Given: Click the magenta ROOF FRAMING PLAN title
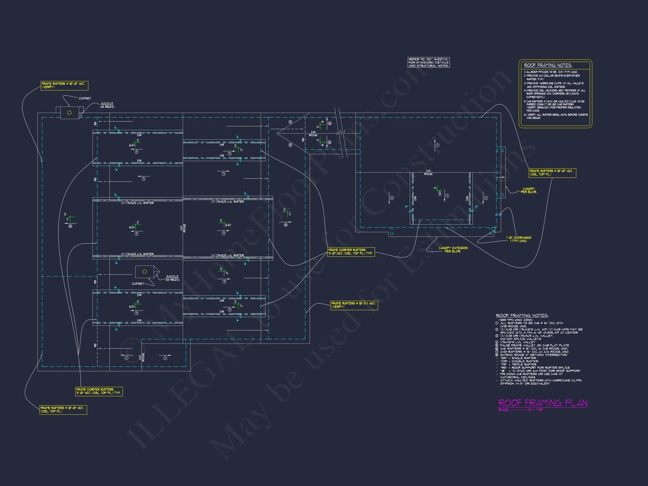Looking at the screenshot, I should [543, 403].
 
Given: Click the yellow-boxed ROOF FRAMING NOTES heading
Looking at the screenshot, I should [548, 65].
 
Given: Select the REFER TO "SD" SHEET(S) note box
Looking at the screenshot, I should [428, 62].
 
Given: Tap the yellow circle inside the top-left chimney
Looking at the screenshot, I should [69, 113].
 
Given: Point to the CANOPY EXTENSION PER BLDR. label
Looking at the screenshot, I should [453, 249].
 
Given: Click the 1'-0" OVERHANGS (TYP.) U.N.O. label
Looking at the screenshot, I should [519, 239].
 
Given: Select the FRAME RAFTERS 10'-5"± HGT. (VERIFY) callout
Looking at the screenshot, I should [354, 305].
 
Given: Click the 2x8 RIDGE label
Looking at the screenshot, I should [313, 134].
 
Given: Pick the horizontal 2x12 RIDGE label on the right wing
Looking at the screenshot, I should [428, 172].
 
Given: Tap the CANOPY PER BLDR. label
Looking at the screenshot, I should [528, 190].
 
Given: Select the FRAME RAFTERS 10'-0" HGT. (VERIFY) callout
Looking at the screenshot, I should [64, 85].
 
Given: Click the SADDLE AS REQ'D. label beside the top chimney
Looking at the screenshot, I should [107, 105].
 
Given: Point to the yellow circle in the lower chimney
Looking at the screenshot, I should [145, 272].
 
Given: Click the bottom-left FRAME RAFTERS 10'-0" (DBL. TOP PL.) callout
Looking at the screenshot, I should [63, 409].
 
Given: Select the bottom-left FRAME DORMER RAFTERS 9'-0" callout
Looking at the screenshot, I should [99, 391].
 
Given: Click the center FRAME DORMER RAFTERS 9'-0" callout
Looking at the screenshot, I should [351, 252].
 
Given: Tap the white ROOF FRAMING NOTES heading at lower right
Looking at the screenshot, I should [522, 315].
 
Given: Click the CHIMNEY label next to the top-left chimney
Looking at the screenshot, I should [85, 98].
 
